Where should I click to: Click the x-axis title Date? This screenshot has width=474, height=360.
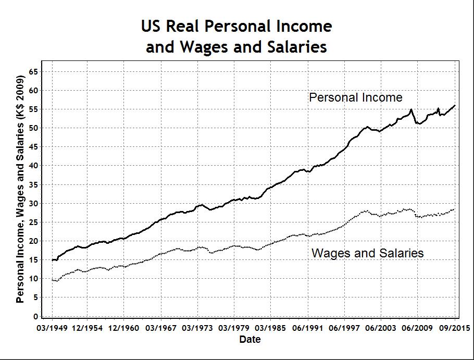250,340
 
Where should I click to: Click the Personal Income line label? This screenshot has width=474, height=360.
355,97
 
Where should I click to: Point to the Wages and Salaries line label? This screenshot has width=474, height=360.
367,254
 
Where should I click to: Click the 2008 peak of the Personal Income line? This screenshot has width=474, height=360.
411,109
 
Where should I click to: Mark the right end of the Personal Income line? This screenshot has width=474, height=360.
455,105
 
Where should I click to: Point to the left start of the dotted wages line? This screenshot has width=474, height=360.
52,280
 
